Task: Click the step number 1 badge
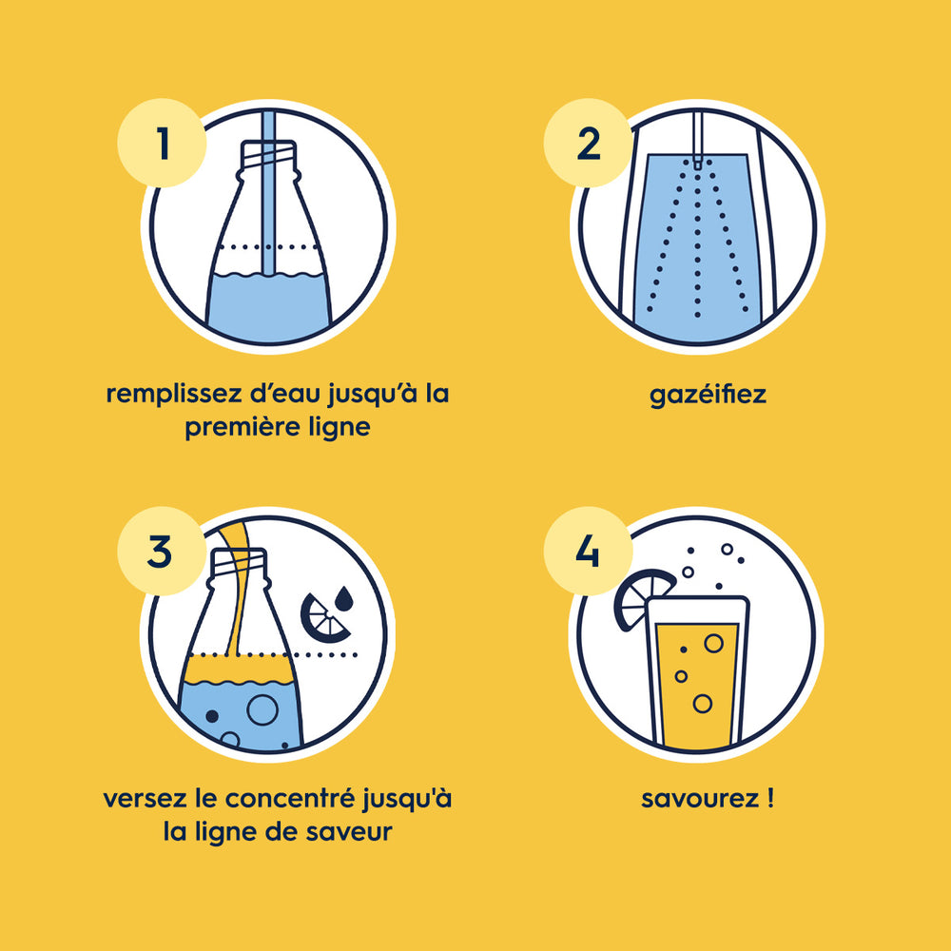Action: tap(162, 143)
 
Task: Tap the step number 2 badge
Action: tap(589, 143)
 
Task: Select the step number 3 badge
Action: tap(162, 551)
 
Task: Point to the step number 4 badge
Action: tap(589, 551)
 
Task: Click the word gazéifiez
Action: tap(708, 396)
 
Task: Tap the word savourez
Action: tap(699, 799)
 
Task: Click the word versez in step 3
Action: tap(145, 799)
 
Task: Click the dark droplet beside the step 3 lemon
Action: tap(344, 598)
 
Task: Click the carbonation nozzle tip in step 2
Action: tap(697, 163)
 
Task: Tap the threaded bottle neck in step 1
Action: tap(268, 157)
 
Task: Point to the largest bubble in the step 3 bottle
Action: tap(262, 709)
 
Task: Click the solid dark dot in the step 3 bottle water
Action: tap(212, 716)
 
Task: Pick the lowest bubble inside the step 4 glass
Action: tap(703, 704)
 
